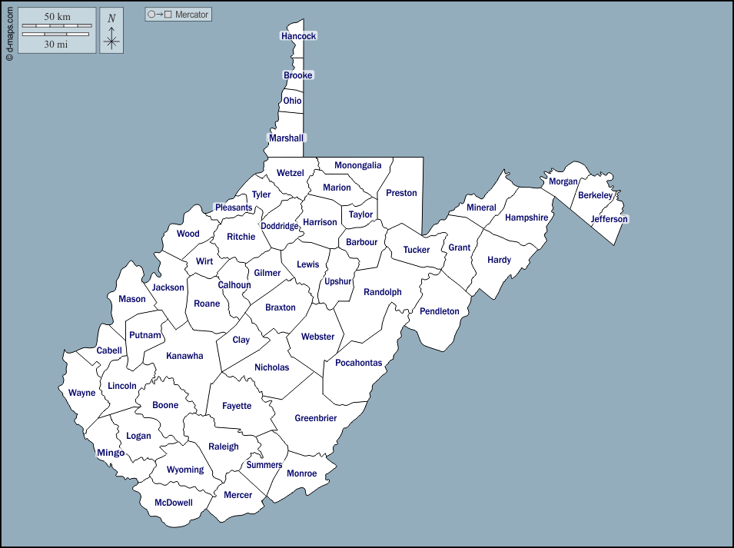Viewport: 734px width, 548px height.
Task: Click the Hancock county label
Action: pos(298,36)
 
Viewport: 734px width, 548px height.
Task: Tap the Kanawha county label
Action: pos(184,356)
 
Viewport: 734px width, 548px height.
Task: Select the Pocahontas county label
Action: pos(358,363)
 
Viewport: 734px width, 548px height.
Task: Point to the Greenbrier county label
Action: pos(315,419)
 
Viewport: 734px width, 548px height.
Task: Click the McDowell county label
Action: pos(173,503)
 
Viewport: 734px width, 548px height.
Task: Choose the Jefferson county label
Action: pos(609,219)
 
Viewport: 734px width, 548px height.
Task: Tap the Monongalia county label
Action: pos(357,165)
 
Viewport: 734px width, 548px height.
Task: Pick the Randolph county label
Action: pos(382,292)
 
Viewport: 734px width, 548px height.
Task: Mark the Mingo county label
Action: pos(111,453)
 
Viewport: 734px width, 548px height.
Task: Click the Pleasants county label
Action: pos(233,208)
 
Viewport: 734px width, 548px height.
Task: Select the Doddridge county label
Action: pos(279,226)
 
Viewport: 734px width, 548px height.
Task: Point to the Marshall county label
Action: pos(286,138)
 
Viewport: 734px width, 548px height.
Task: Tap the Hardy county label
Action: pos(499,260)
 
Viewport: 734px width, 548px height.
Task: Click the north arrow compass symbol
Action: pos(111,31)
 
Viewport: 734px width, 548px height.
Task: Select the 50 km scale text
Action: pos(57,16)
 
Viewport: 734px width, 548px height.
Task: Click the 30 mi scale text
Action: pos(55,45)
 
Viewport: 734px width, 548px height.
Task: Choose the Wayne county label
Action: pos(82,393)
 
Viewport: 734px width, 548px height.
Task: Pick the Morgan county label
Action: pos(563,181)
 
